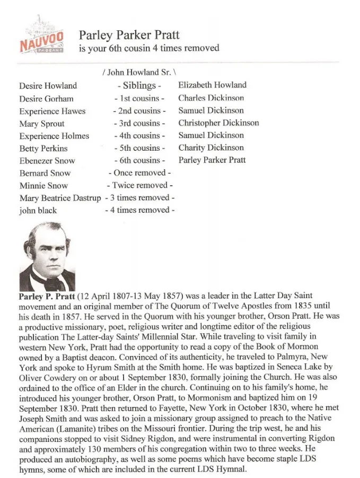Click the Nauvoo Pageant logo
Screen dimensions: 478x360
tap(42, 38)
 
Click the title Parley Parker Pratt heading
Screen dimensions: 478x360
tap(129, 36)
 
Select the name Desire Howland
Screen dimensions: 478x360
tap(48, 85)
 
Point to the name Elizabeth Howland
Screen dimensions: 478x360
tap(212, 85)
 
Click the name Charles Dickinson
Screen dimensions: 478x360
tap(211, 98)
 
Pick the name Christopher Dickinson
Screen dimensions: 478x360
tap(218, 123)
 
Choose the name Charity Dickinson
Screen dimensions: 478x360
tap(211, 147)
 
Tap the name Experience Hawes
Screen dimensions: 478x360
tap(52, 111)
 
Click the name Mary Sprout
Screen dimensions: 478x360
tap(42, 124)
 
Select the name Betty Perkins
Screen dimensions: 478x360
tap(43, 149)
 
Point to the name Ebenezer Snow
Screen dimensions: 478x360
tap(47, 161)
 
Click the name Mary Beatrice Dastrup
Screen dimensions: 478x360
tap(60, 198)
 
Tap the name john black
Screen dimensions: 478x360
tap(38, 211)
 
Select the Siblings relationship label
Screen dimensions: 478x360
tap(139, 85)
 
